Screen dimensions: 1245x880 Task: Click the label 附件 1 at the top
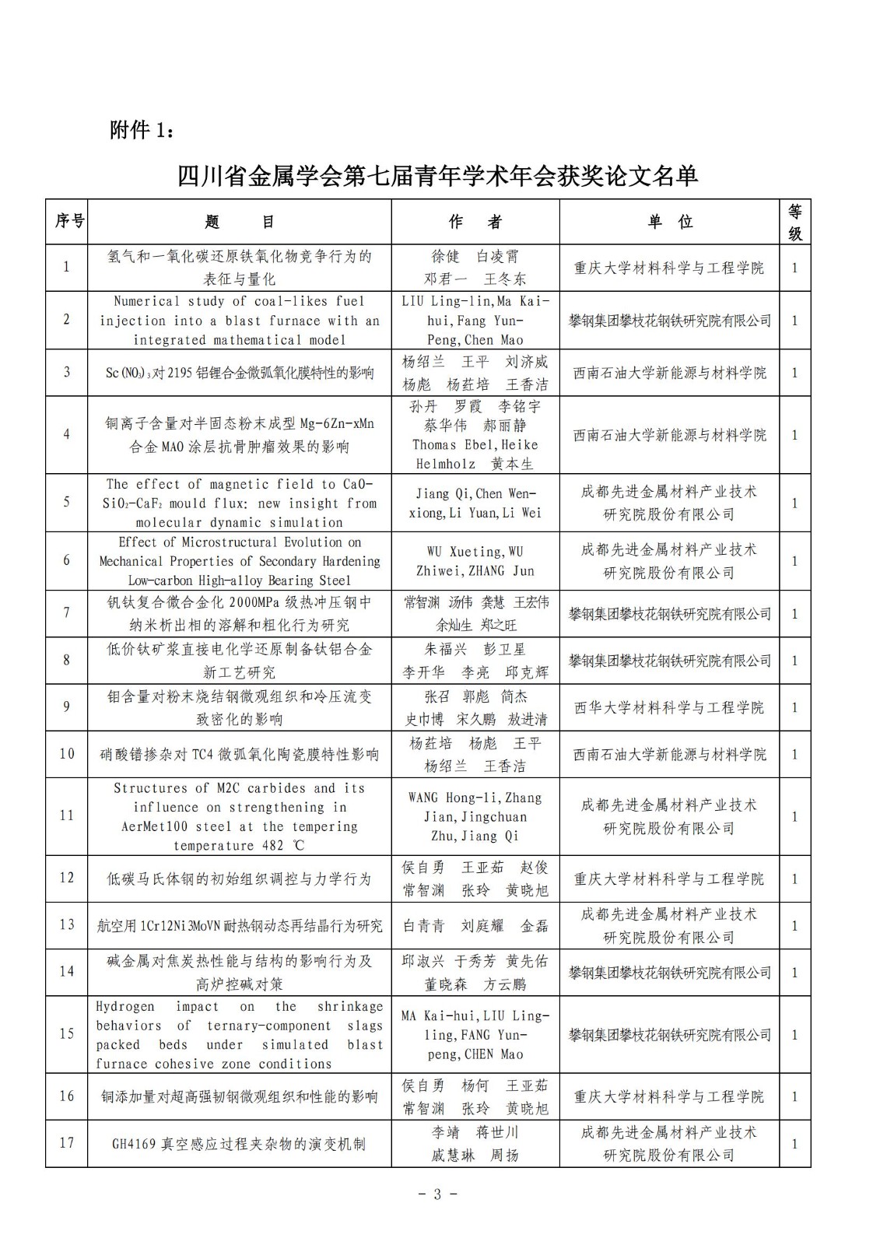coord(142,130)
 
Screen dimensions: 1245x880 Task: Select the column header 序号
coord(68,222)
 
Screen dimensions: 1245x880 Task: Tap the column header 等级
coord(794,222)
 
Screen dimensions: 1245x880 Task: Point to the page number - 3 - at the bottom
coord(437,1194)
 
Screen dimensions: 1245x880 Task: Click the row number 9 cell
coord(67,707)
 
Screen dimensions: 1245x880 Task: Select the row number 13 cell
coord(67,924)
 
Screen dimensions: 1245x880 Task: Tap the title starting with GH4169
coord(239,1144)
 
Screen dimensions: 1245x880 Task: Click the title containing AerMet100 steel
coord(239,816)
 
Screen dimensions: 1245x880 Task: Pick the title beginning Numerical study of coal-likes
coord(239,320)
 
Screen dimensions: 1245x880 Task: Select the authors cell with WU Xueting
coord(475,561)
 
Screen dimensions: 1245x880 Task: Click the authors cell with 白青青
coord(475,926)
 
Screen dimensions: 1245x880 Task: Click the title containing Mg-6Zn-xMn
coord(239,435)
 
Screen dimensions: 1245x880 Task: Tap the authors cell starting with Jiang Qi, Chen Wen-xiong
coord(475,503)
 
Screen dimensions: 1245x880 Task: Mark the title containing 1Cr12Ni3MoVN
coord(239,926)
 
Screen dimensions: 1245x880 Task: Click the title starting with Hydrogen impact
coord(239,1035)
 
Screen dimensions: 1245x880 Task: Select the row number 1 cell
coord(67,267)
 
